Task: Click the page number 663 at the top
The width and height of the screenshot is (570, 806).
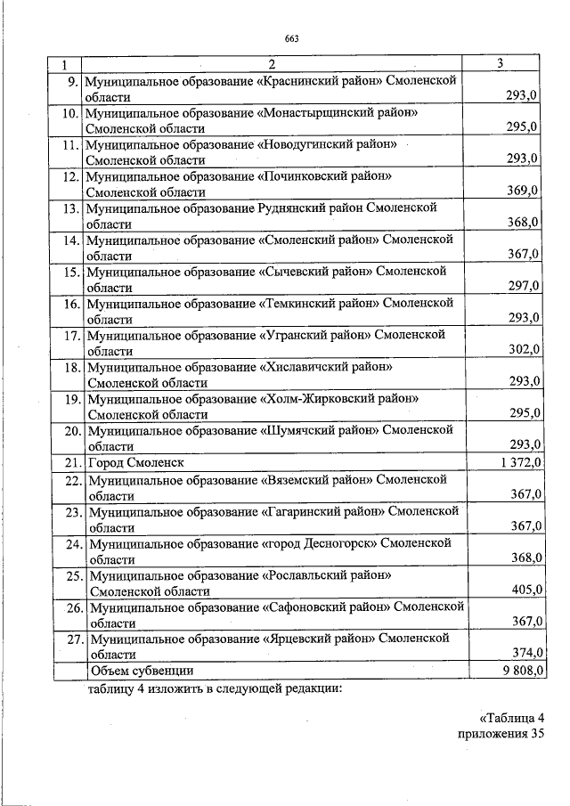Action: coord(291,37)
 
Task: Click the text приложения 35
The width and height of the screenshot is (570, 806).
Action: coord(500,735)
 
